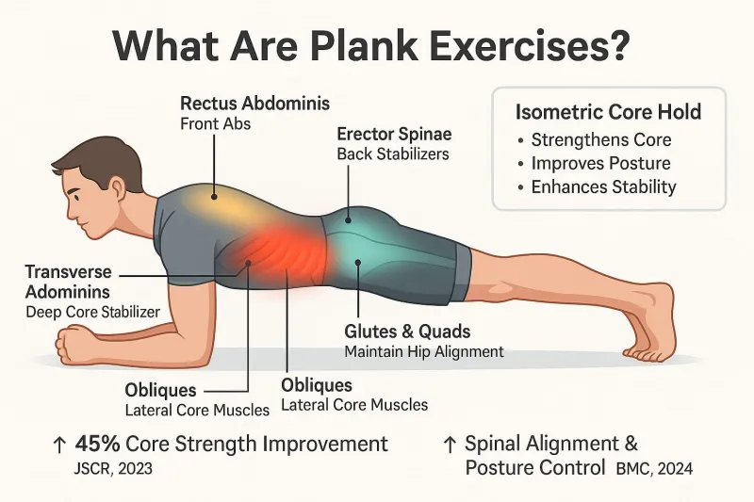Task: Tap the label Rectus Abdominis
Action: [x=254, y=104]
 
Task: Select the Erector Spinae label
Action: [x=394, y=134]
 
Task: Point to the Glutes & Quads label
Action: [x=407, y=332]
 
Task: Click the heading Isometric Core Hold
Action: [x=608, y=112]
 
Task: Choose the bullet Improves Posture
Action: [x=600, y=163]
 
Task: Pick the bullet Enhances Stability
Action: [x=603, y=186]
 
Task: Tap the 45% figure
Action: [x=98, y=444]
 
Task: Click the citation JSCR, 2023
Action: [x=113, y=468]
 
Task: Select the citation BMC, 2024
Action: [x=654, y=468]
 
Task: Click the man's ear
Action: [x=117, y=186]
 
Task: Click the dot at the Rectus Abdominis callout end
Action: [x=214, y=197]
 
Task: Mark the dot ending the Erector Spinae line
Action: [x=349, y=220]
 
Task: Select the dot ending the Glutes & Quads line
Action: [x=358, y=262]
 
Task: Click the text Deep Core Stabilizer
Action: [x=92, y=313]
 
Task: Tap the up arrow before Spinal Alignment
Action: [x=450, y=445]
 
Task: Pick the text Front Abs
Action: [x=216, y=124]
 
